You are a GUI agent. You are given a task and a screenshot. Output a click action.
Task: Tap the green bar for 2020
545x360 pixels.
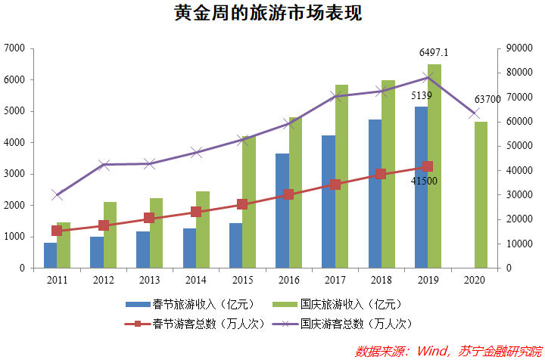(x=480, y=194)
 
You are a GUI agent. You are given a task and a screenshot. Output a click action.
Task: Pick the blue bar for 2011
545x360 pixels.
(x=51, y=255)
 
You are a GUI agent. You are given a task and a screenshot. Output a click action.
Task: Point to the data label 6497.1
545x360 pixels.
(x=434, y=53)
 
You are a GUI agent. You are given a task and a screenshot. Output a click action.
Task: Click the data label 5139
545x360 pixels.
(x=422, y=96)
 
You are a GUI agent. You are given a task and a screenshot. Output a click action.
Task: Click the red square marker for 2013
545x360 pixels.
(x=149, y=218)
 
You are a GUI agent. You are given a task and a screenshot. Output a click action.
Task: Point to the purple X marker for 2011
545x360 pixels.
(x=58, y=195)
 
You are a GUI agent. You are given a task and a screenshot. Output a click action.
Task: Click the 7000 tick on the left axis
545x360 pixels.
(x=15, y=48)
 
